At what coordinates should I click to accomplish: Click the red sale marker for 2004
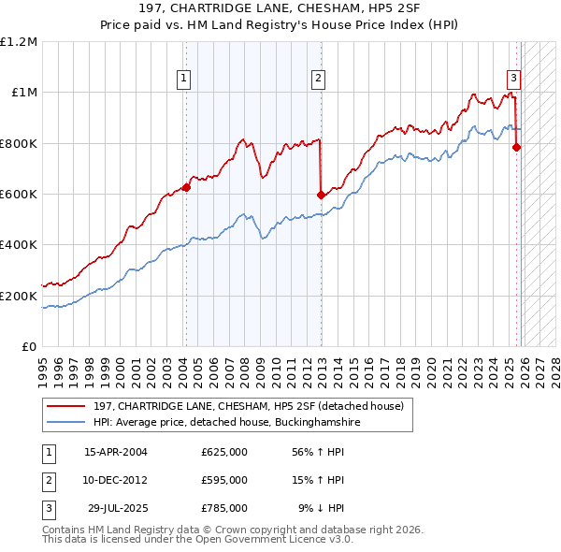(186, 187)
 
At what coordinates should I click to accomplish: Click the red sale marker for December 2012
(321, 195)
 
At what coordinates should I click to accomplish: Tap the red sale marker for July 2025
(516, 146)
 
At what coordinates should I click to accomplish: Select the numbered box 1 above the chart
(184, 79)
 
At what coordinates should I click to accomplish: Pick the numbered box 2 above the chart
(319, 79)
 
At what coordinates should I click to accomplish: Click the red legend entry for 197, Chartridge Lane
(248, 406)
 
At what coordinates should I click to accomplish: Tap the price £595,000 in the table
(224, 480)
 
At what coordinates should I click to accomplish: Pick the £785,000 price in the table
(224, 508)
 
